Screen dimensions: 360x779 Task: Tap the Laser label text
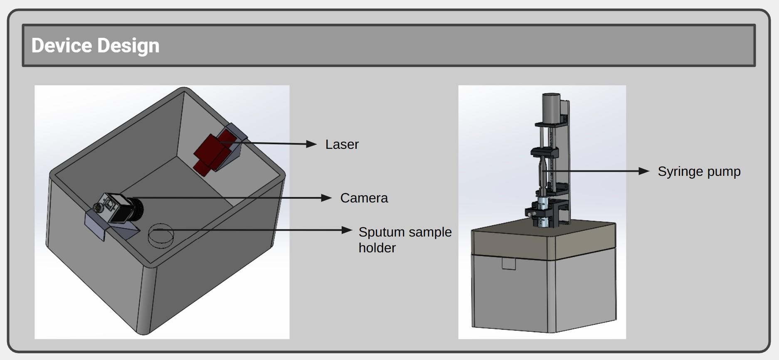coord(342,145)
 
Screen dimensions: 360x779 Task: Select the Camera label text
coord(364,198)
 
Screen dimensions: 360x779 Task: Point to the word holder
coord(377,248)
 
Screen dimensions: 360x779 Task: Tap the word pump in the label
coord(724,172)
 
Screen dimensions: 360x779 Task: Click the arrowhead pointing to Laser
coord(312,144)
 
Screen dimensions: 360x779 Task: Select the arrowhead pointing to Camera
coord(327,198)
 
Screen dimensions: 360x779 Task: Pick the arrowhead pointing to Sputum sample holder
coord(347,230)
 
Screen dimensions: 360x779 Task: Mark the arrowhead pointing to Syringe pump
coord(644,171)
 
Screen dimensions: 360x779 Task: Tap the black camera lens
coord(137,209)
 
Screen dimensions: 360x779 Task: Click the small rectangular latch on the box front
coord(508,264)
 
